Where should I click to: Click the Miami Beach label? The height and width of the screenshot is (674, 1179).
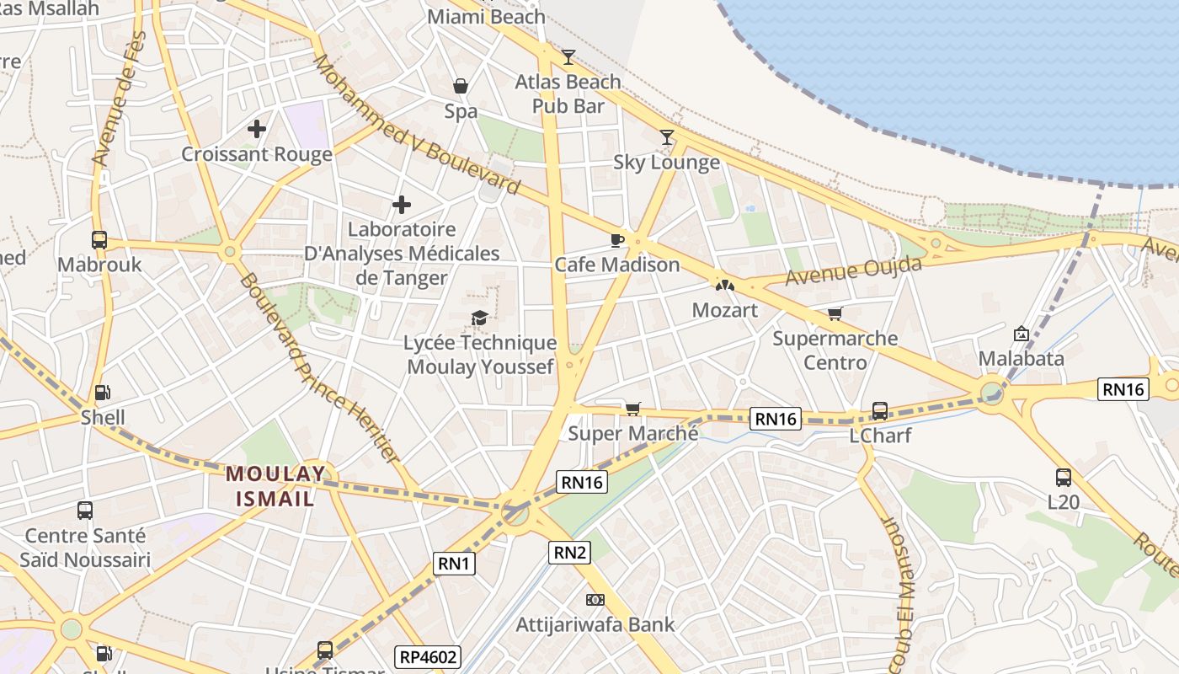coord(487,17)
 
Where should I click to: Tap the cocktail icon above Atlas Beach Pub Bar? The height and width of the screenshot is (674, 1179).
coord(568,56)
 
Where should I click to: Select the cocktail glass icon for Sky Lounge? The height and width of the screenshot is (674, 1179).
coord(667,136)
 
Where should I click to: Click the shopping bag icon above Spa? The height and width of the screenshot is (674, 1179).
coord(461,86)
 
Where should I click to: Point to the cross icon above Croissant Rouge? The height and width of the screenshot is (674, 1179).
coord(257,129)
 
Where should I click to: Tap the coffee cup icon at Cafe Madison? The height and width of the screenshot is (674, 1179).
coord(616,240)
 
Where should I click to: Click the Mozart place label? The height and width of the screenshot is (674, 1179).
coord(724,310)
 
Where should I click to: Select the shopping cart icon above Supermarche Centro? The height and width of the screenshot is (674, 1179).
coord(835,313)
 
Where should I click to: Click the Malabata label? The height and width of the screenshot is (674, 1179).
coord(1021,359)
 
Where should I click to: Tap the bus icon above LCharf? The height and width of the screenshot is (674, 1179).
coord(880,410)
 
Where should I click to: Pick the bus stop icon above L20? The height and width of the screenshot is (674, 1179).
coord(1064,478)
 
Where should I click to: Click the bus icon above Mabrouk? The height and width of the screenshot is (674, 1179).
coord(99,240)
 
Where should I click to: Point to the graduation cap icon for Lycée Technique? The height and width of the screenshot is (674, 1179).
coord(479,318)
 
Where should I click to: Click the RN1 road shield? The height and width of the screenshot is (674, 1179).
coord(455,564)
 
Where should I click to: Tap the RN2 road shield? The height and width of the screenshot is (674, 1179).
coord(570,553)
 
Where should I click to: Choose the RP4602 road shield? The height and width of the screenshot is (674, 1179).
coord(428,657)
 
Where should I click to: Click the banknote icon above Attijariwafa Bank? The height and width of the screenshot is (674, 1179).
coord(595,600)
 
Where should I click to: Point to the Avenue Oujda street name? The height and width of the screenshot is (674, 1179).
coord(853,271)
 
